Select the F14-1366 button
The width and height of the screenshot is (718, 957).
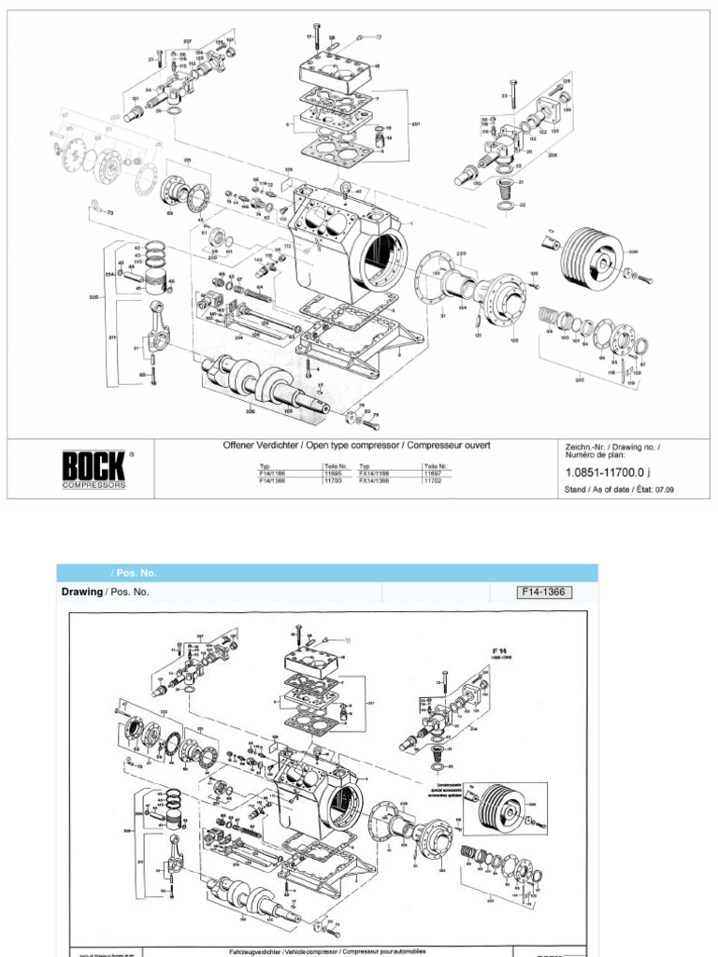coord(543,592)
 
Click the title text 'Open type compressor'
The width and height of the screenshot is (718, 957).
coord(357,446)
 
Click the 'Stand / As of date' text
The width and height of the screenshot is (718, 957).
coord(598,489)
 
